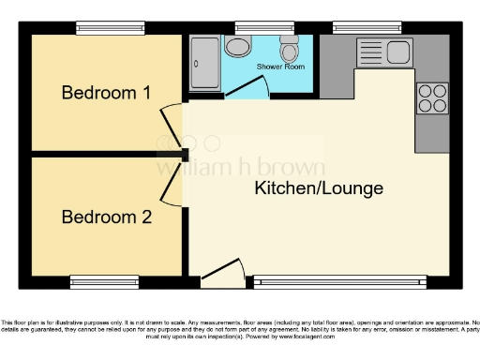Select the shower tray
click(x=203, y=63)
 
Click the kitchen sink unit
click(x=384, y=51)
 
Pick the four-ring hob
click(x=432, y=98)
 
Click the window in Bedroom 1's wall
click(x=110, y=28)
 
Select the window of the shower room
click(x=254, y=28)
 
